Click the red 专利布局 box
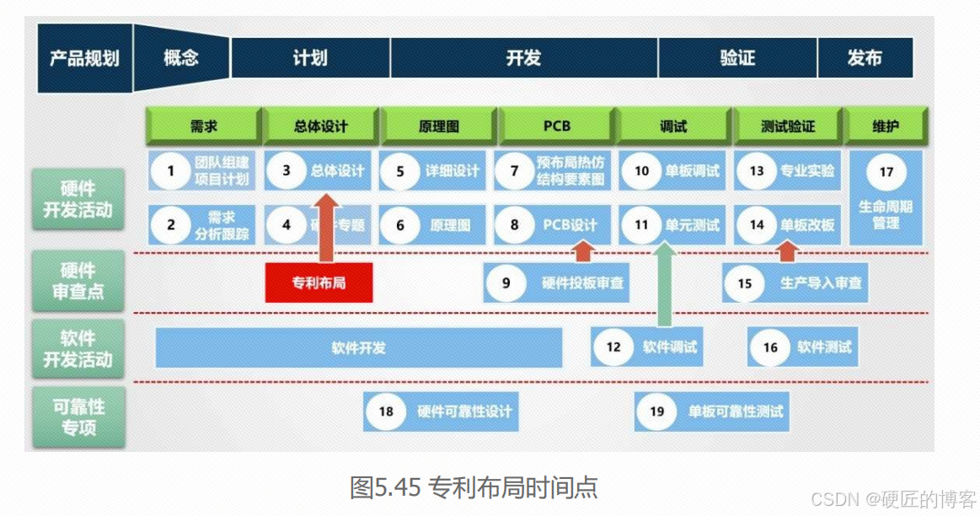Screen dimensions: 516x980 tap(319, 282)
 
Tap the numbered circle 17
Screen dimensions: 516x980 tap(886, 172)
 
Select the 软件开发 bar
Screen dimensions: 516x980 tap(358, 347)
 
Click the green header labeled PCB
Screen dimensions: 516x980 tap(556, 126)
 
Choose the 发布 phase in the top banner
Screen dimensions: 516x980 tap(865, 58)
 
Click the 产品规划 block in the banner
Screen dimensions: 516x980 tap(84, 58)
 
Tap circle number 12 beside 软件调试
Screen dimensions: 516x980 tap(613, 347)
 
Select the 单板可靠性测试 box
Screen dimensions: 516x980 tap(712, 411)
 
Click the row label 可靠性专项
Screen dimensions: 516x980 tap(78, 417)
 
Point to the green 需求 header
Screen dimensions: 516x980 tap(203, 126)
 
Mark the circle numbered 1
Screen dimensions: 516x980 tap(172, 171)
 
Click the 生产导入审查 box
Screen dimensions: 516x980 tap(795, 283)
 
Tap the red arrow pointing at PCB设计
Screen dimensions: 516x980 tap(581, 250)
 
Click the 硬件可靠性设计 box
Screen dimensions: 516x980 tap(441, 411)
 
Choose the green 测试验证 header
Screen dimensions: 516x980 tap(787, 126)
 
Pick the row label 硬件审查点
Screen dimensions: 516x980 tap(78, 282)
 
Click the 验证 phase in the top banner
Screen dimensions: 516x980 tap(737, 58)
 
